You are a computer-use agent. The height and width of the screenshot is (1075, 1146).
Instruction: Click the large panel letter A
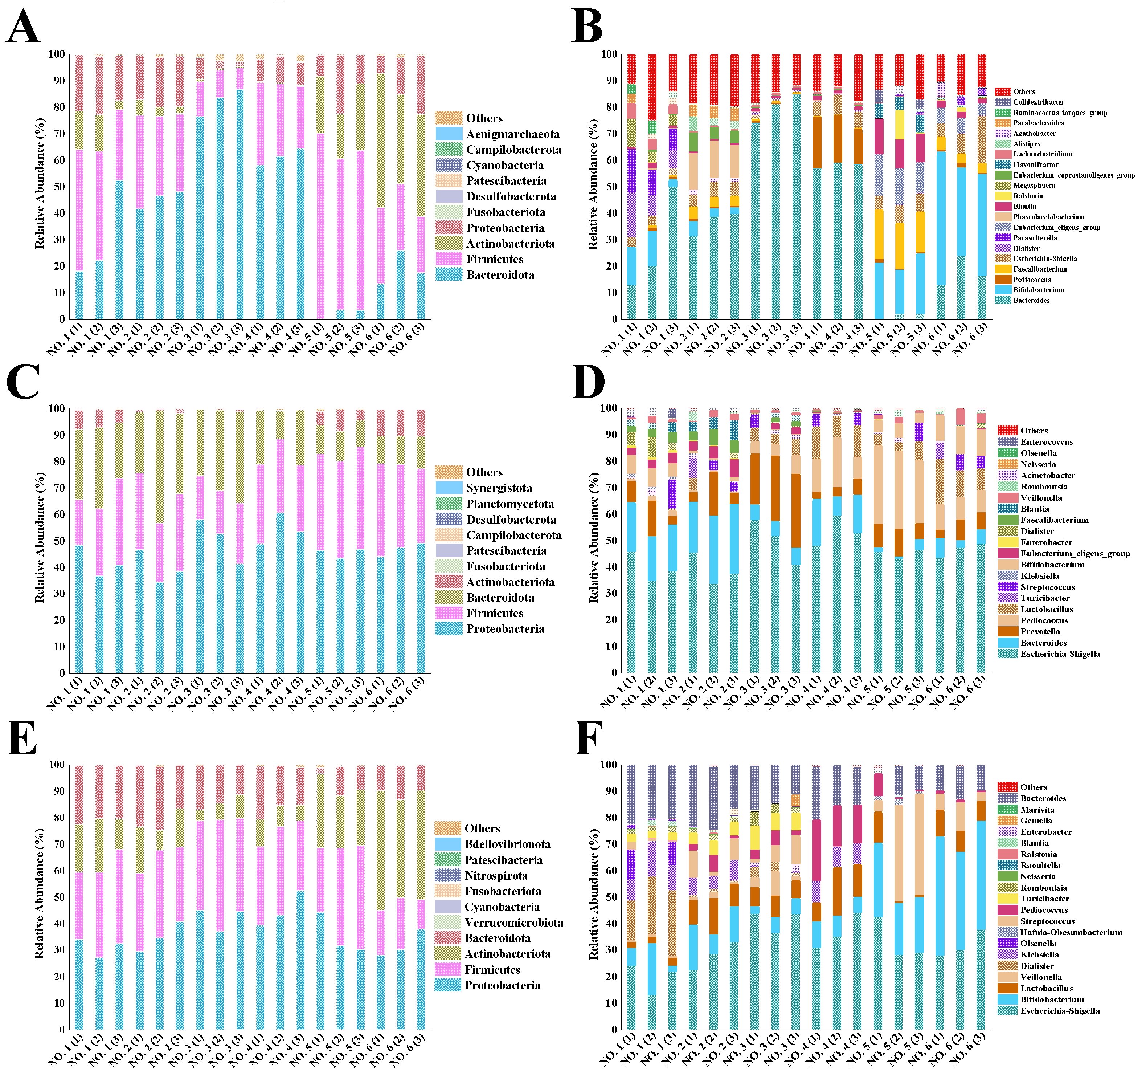click(23, 27)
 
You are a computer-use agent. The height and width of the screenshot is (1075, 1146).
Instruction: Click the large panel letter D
click(588, 382)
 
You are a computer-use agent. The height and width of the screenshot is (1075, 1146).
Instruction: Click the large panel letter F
click(588, 738)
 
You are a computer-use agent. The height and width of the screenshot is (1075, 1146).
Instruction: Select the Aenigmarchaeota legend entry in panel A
click(512, 134)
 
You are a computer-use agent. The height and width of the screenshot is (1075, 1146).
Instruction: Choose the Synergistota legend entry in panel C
click(499, 488)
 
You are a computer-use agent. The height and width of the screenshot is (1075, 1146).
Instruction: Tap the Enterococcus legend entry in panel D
click(1046, 442)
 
